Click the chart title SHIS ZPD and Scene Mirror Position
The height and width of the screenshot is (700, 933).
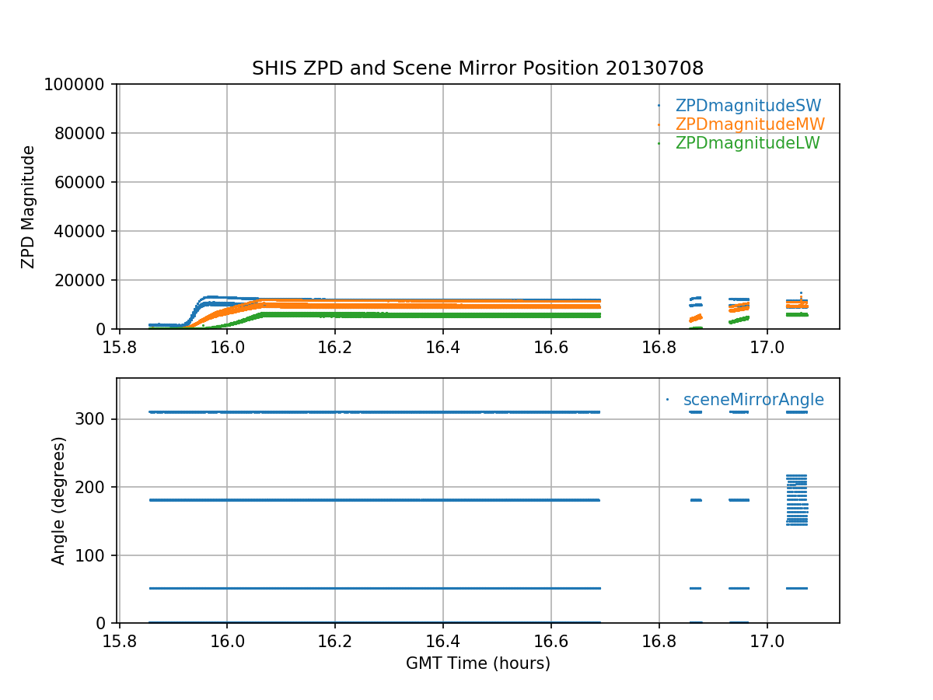pos(477,68)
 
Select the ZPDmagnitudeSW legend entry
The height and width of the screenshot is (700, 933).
pos(748,106)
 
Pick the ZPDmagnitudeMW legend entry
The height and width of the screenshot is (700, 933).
pos(750,124)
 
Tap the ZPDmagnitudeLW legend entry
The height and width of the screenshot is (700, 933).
pos(747,143)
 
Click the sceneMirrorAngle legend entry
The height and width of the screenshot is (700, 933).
pos(753,400)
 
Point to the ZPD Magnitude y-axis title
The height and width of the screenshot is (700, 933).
pos(29,206)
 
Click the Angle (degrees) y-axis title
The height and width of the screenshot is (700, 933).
pos(59,500)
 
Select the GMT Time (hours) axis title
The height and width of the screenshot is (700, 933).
pos(477,663)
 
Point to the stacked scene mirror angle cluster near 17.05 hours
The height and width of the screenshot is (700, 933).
pos(796,499)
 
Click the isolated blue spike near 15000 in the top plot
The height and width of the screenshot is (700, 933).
pos(801,294)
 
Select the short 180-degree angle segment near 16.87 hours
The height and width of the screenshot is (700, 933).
pos(696,500)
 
